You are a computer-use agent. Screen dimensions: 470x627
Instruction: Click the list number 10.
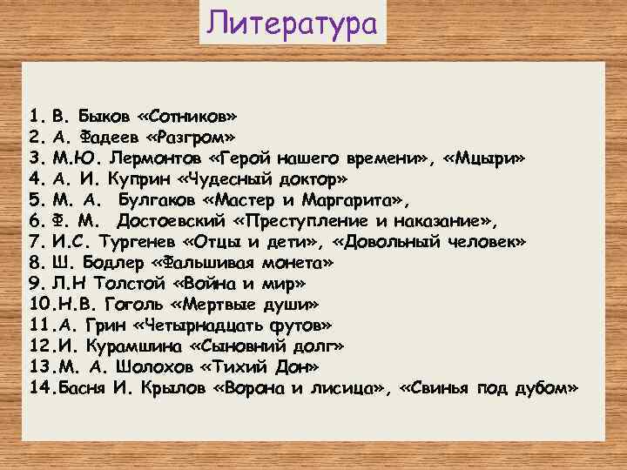coord(40,305)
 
